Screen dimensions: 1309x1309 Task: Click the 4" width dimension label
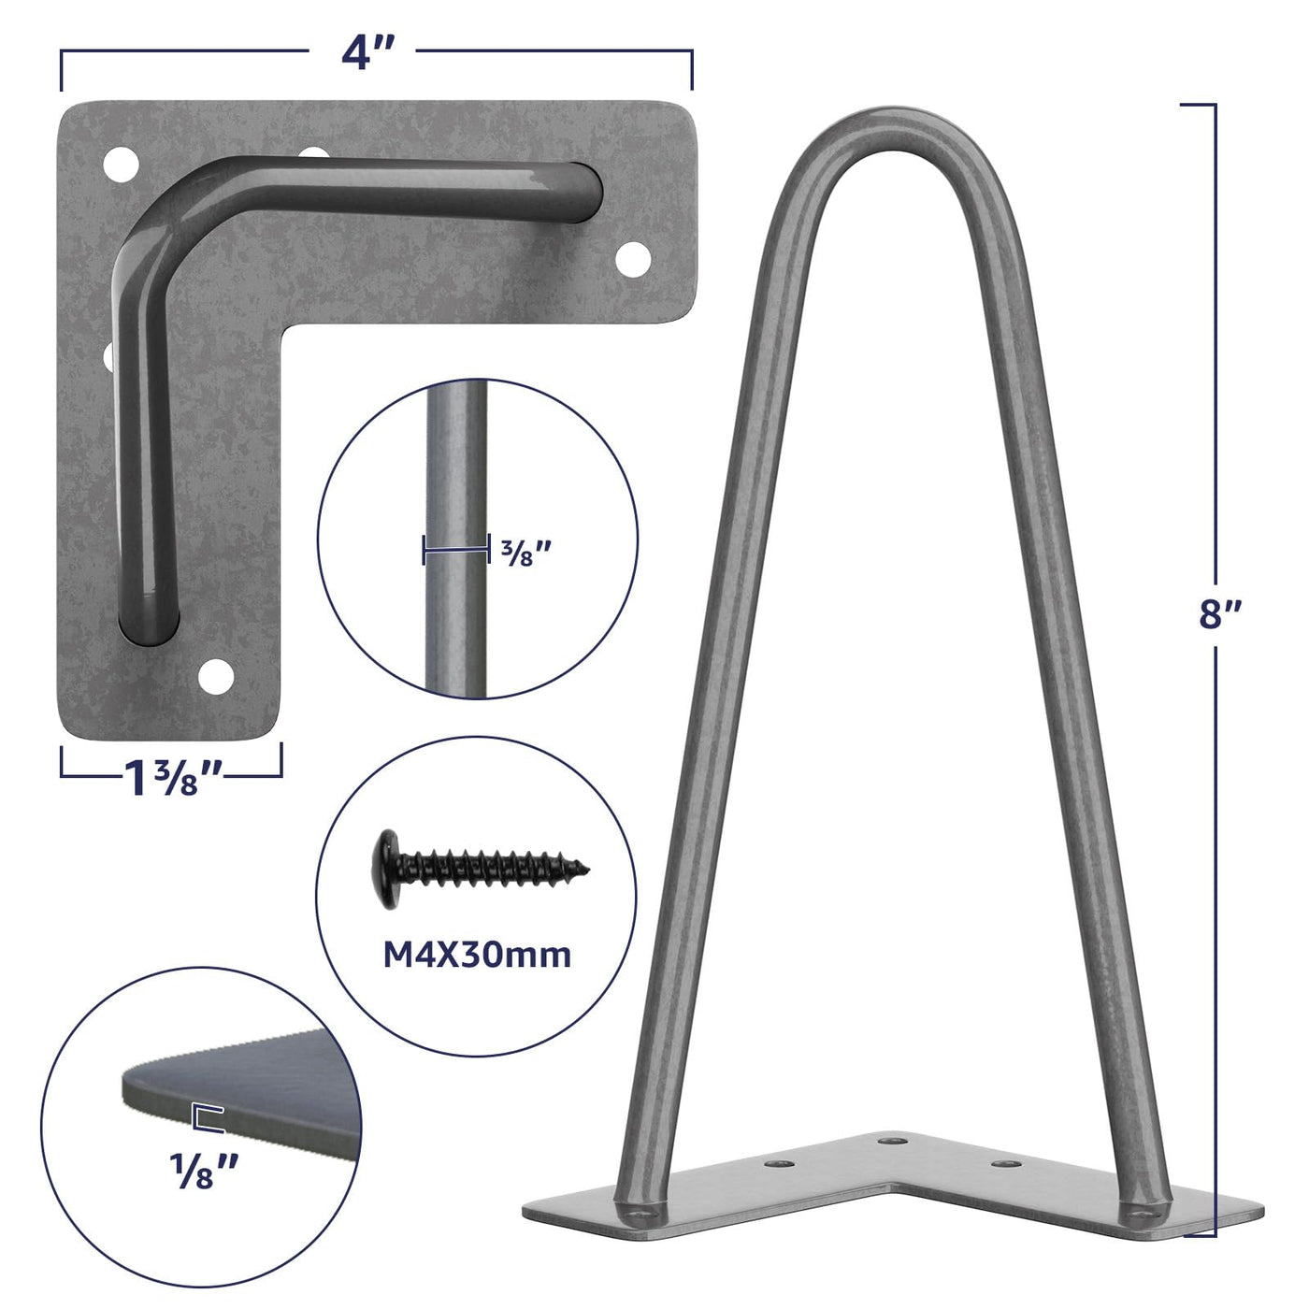[x=367, y=53]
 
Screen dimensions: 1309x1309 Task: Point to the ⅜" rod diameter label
[x=525, y=554]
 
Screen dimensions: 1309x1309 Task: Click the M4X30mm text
[x=477, y=955]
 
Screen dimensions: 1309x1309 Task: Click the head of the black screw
[x=389, y=869]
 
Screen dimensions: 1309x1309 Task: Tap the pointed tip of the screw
[x=587, y=869]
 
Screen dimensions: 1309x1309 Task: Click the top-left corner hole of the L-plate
[x=121, y=165]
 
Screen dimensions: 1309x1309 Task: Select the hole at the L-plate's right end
[x=633, y=259]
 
